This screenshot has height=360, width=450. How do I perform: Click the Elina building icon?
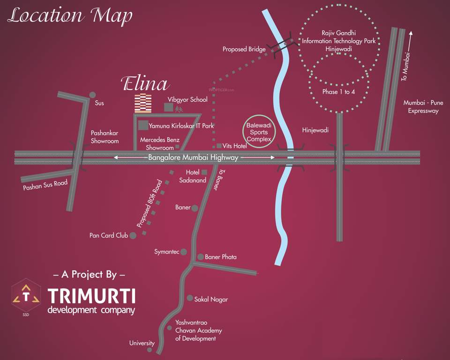143,103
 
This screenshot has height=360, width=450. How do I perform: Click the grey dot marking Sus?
92,95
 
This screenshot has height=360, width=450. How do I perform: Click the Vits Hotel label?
235,146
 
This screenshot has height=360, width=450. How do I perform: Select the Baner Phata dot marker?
200,257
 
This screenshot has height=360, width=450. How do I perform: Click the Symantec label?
167,252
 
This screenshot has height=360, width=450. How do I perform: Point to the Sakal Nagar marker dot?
190,298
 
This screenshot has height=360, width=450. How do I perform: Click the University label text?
142,343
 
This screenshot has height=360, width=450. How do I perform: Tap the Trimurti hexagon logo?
26,296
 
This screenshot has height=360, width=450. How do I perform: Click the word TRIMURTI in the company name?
91,296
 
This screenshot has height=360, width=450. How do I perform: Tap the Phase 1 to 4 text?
338,91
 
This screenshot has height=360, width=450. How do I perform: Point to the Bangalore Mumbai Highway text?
193,158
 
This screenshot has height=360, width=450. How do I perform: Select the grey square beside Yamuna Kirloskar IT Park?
143,125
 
